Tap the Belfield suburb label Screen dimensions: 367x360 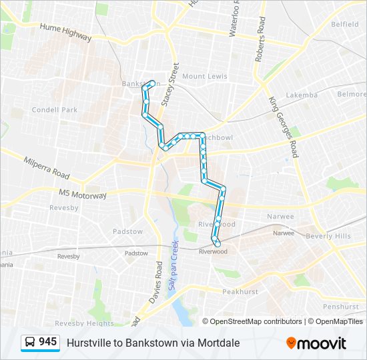[x=344, y=24]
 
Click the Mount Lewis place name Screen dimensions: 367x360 [x=204, y=77]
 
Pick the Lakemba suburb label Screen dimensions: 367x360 [x=302, y=95]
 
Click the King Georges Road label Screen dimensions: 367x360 [x=284, y=126]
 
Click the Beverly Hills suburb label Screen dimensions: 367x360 [x=328, y=236]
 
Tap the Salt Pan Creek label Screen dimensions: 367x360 [x=173, y=264]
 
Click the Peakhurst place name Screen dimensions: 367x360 [x=240, y=291]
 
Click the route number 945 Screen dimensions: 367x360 [x=47, y=342]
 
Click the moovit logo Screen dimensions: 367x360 [x=316, y=343]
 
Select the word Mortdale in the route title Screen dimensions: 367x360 [x=218, y=343]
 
